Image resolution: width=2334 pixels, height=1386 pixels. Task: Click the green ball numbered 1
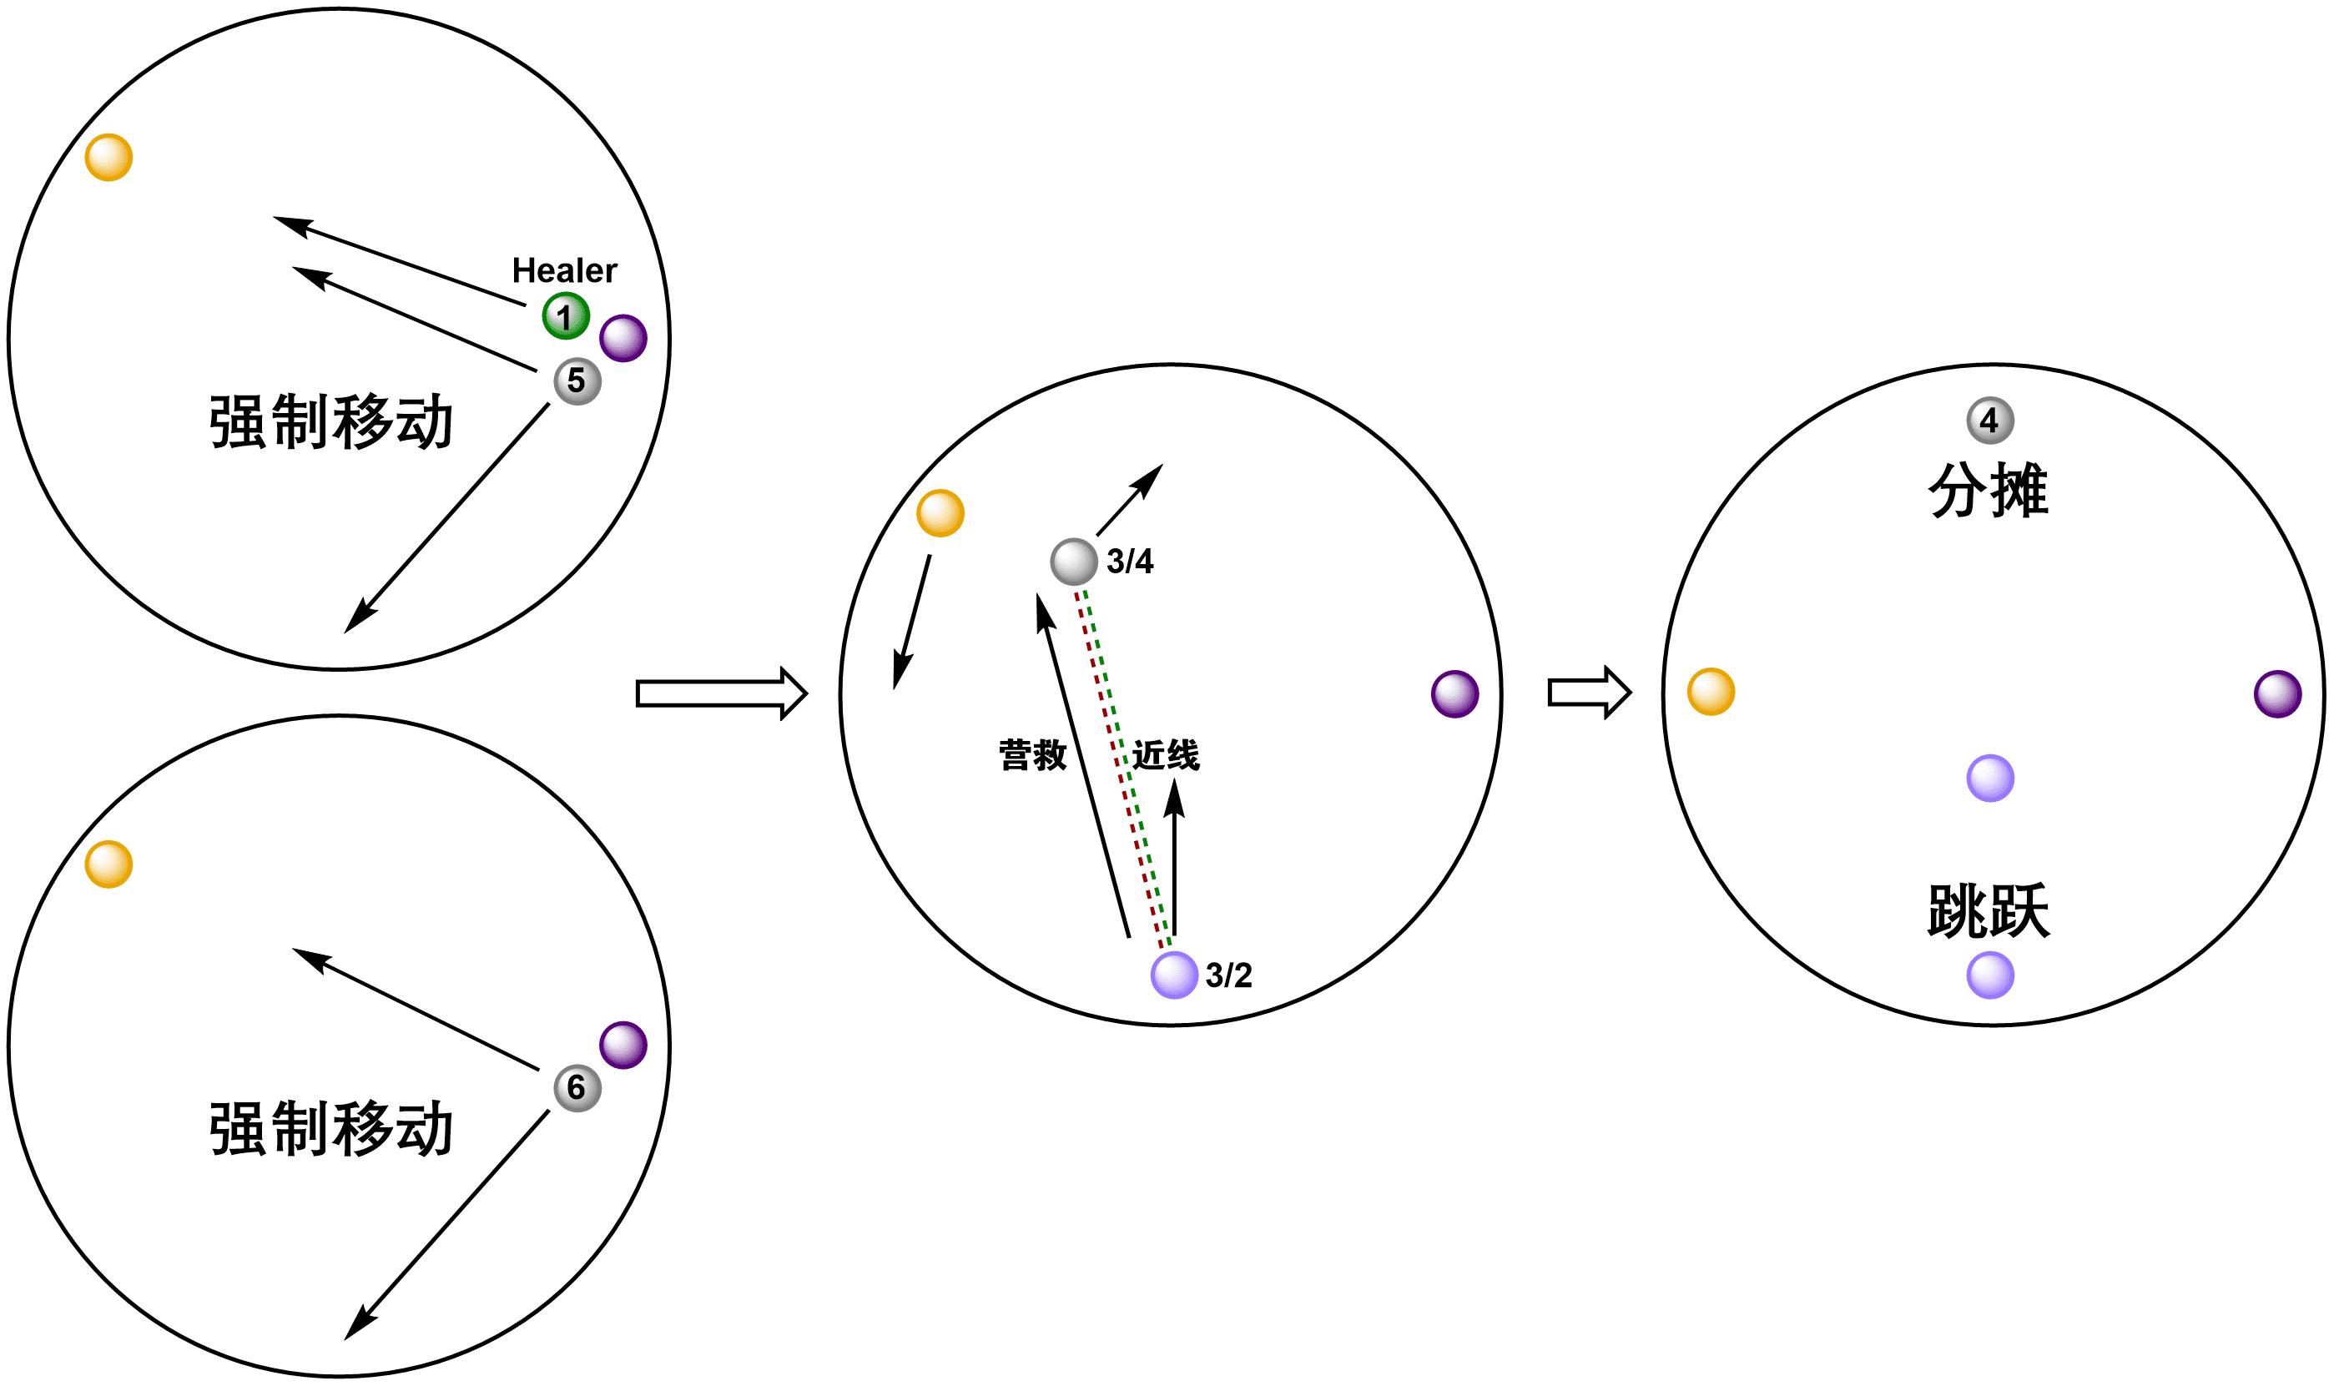565,315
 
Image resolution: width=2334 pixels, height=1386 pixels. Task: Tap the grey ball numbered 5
577,381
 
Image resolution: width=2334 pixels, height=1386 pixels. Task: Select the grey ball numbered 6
577,1088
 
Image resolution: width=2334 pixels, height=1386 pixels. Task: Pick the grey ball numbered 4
1989,421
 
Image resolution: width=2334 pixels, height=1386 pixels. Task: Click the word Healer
564,271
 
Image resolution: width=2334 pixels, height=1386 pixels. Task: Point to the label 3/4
1129,562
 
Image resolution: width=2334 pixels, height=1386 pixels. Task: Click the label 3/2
1228,975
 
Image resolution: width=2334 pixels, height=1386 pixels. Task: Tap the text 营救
1032,754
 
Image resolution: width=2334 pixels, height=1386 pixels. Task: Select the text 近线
1165,754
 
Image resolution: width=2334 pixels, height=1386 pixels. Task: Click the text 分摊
1988,491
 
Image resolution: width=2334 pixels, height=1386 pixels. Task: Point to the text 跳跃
1988,910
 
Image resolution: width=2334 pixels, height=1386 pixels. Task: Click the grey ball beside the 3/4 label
1073,562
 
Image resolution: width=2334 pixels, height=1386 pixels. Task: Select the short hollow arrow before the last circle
1589,693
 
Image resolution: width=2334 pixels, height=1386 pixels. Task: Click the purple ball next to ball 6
623,1045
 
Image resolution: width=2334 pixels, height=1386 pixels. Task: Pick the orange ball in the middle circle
940,512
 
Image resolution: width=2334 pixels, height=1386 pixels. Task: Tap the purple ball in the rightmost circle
2277,694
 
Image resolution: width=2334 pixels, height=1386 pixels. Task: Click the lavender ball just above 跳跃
1989,778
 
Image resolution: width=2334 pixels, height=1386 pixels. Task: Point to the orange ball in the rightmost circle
1710,692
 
